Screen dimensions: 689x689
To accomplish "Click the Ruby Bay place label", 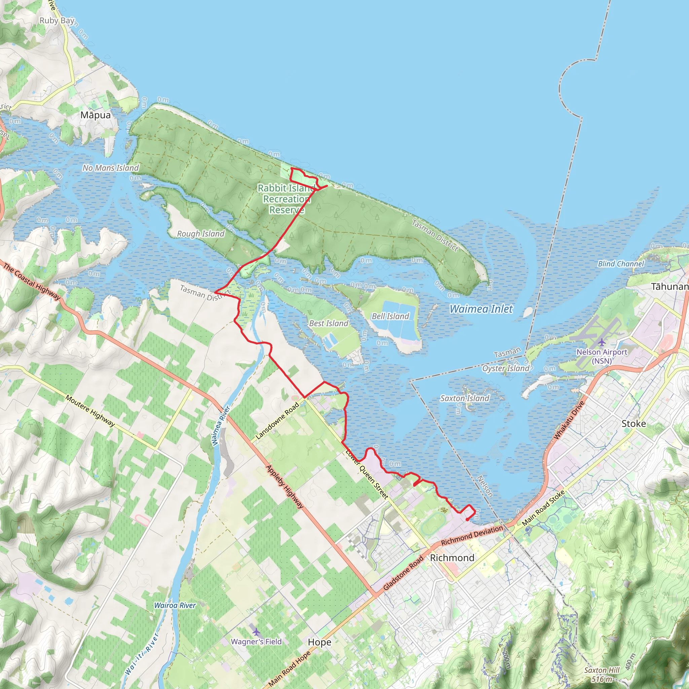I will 57,21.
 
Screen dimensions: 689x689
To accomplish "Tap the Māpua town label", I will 95,115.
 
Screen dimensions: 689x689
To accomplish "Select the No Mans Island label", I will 111,168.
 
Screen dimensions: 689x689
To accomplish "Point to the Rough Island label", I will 201,233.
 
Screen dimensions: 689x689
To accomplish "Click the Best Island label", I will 328,323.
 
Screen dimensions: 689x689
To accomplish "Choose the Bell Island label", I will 390,316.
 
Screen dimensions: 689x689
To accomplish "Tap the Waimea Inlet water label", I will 481,309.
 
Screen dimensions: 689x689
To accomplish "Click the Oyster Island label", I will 505,368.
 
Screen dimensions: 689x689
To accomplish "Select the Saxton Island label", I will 465,398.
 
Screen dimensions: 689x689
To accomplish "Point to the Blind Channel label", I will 621,263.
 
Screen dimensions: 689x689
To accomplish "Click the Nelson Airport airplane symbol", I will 602,342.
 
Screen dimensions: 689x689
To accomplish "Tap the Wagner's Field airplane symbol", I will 256,632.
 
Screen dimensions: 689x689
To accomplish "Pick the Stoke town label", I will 634,424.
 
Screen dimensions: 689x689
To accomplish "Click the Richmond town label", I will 452,558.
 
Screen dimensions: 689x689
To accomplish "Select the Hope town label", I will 320,642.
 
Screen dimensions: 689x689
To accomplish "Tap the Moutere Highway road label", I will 90,410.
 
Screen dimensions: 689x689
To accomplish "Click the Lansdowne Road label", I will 277,421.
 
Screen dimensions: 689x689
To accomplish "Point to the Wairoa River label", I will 175,605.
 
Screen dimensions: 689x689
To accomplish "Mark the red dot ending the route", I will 467,519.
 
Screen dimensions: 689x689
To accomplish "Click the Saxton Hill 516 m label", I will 602,675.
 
